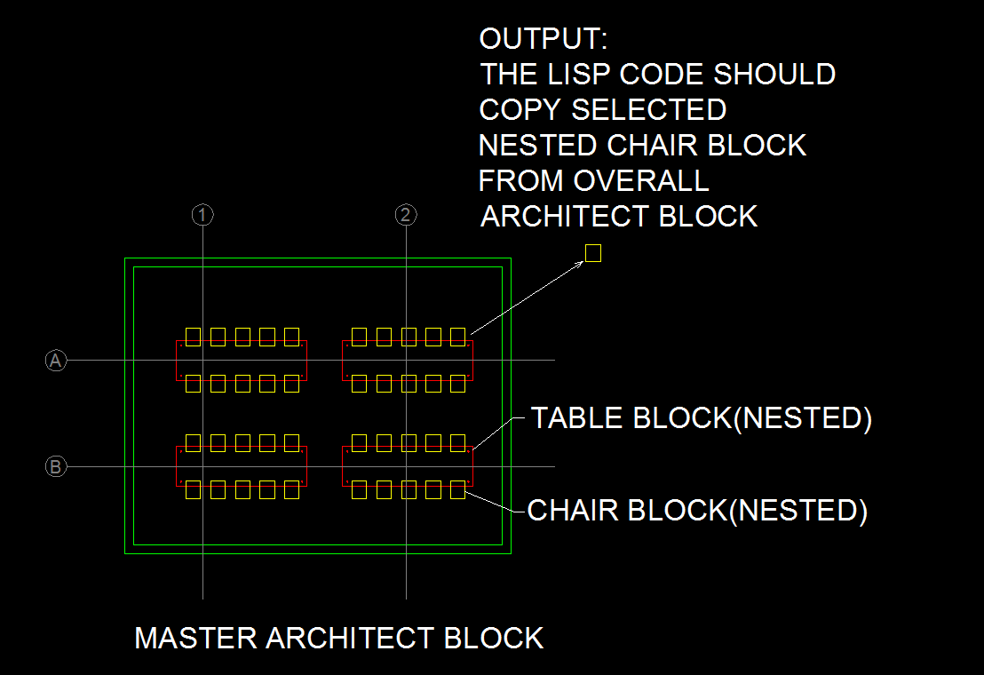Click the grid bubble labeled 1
(202, 215)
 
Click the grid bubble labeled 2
(405, 215)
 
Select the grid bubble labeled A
(56, 360)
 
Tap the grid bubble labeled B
(56, 466)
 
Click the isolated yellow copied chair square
(593, 254)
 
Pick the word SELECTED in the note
(649, 110)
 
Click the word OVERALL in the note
(641, 181)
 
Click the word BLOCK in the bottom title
(493, 638)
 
